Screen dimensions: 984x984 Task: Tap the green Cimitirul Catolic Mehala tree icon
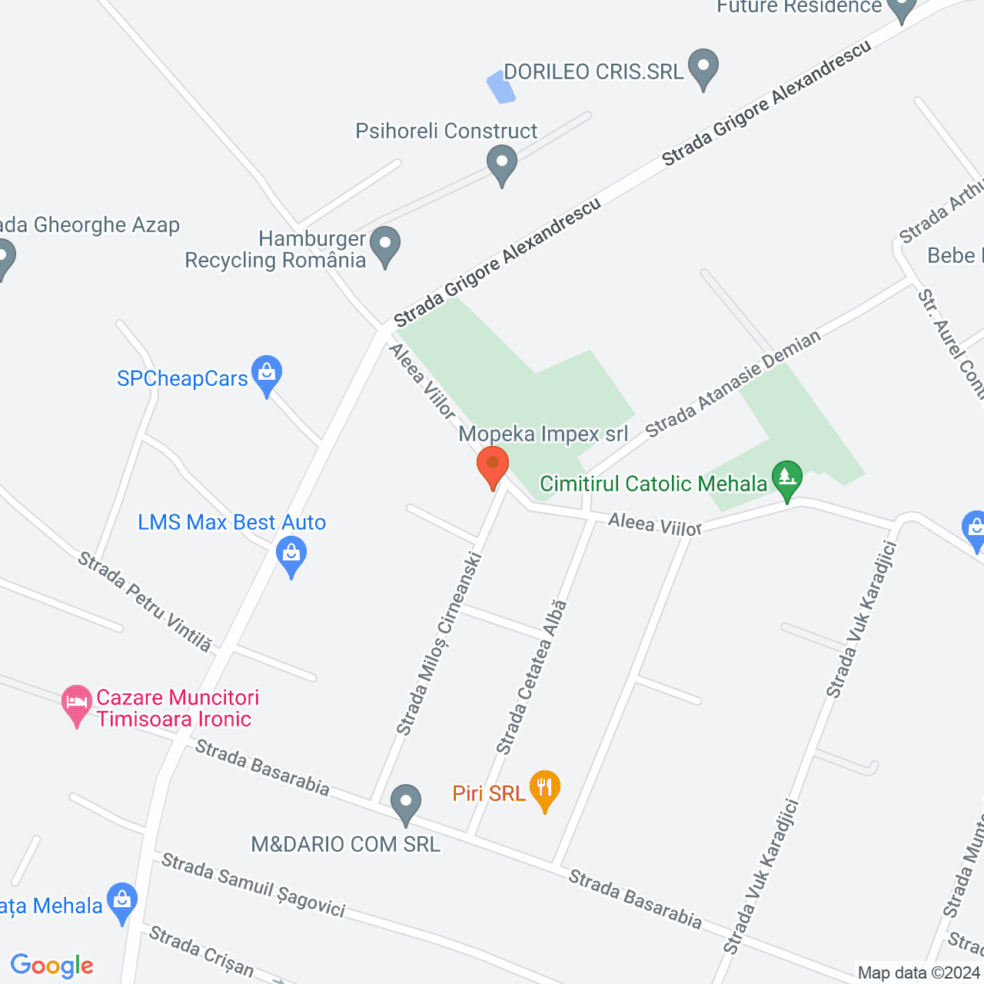(x=786, y=479)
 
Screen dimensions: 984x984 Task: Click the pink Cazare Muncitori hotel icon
(x=76, y=704)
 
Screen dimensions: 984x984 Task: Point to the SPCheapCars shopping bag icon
(x=267, y=374)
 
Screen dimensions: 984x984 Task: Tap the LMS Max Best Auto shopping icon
(x=291, y=555)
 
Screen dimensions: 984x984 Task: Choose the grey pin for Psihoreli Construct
(x=502, y=165)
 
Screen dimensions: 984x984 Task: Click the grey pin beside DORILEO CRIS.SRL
(x=703, y=68)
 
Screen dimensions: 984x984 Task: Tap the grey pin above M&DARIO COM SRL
(x=406, y=804)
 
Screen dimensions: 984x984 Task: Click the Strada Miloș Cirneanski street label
(x=439, y=643)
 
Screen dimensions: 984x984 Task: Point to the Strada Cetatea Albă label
(x=532, y=676)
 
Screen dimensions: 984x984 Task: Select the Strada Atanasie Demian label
(x=733, y=384)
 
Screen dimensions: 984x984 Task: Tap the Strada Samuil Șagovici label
(x=253, y=886)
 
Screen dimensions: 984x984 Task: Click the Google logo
(x=52, y=966)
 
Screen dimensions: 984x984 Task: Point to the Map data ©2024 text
(x=919, y=973)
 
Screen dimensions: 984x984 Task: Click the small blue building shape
(x=501, y=88)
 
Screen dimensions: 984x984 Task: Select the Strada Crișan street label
(x=201, y=952)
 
